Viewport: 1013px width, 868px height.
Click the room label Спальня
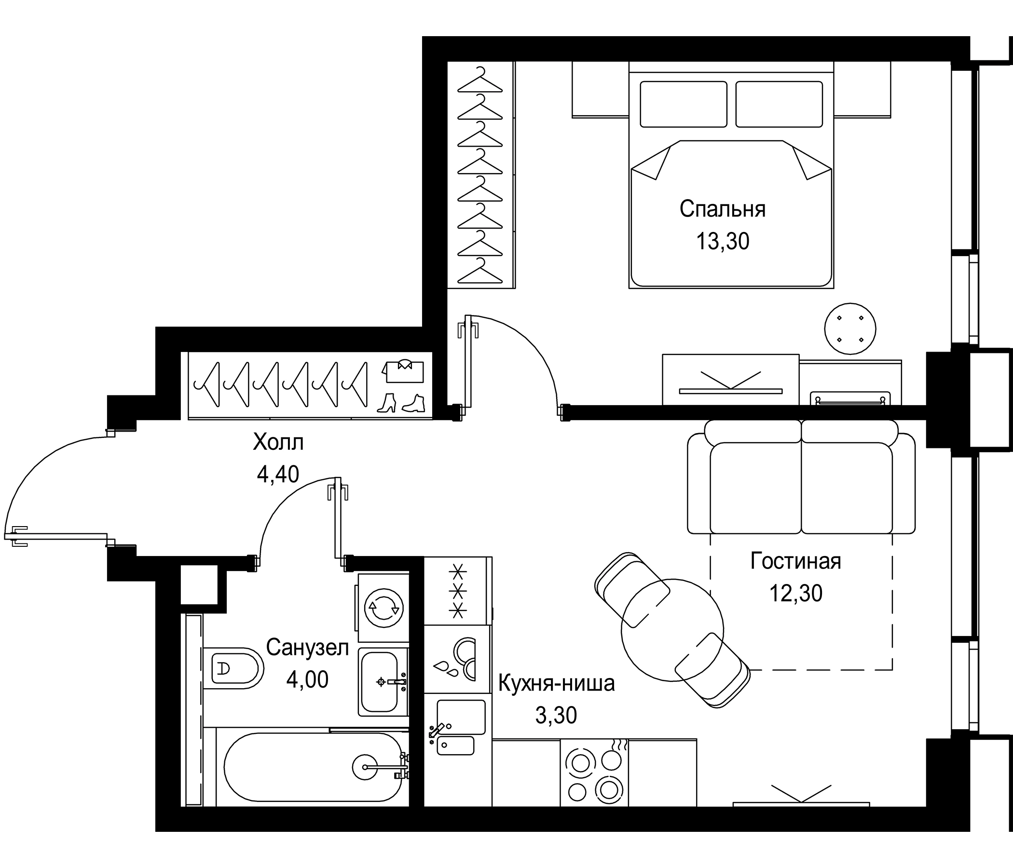(723, 209)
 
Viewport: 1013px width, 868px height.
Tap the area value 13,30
(723, 242)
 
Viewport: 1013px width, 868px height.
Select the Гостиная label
(795, 561)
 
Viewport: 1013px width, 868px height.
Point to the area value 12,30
(796, 593)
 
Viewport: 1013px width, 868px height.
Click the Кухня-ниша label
(556, 684)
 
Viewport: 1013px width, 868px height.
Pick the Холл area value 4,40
(278, 474)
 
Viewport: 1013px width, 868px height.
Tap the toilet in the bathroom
(232, 668)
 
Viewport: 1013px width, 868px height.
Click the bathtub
(313, 768)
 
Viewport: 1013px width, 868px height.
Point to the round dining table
(672, 630)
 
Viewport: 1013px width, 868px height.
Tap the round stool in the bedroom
(849, 328)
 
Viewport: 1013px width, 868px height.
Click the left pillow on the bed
(683, 104)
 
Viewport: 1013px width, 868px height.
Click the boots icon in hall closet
(401, 404)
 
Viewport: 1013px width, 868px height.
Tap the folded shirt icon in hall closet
(403, 371)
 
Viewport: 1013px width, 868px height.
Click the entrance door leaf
(59, 536)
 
